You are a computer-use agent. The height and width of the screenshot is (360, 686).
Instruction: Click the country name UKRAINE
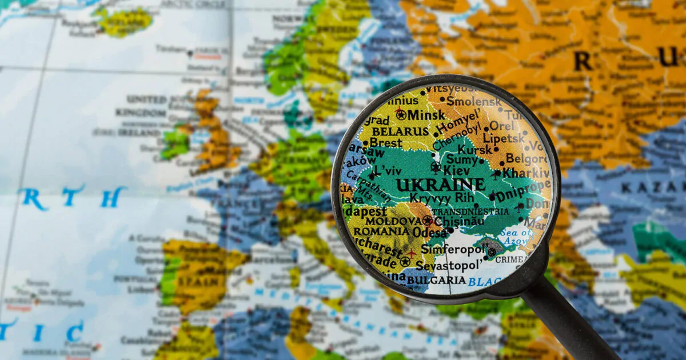pyautogui.click(x=441, y=185)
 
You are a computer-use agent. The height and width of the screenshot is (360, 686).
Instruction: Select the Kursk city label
pyautogui.click(x=474, y=149)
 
